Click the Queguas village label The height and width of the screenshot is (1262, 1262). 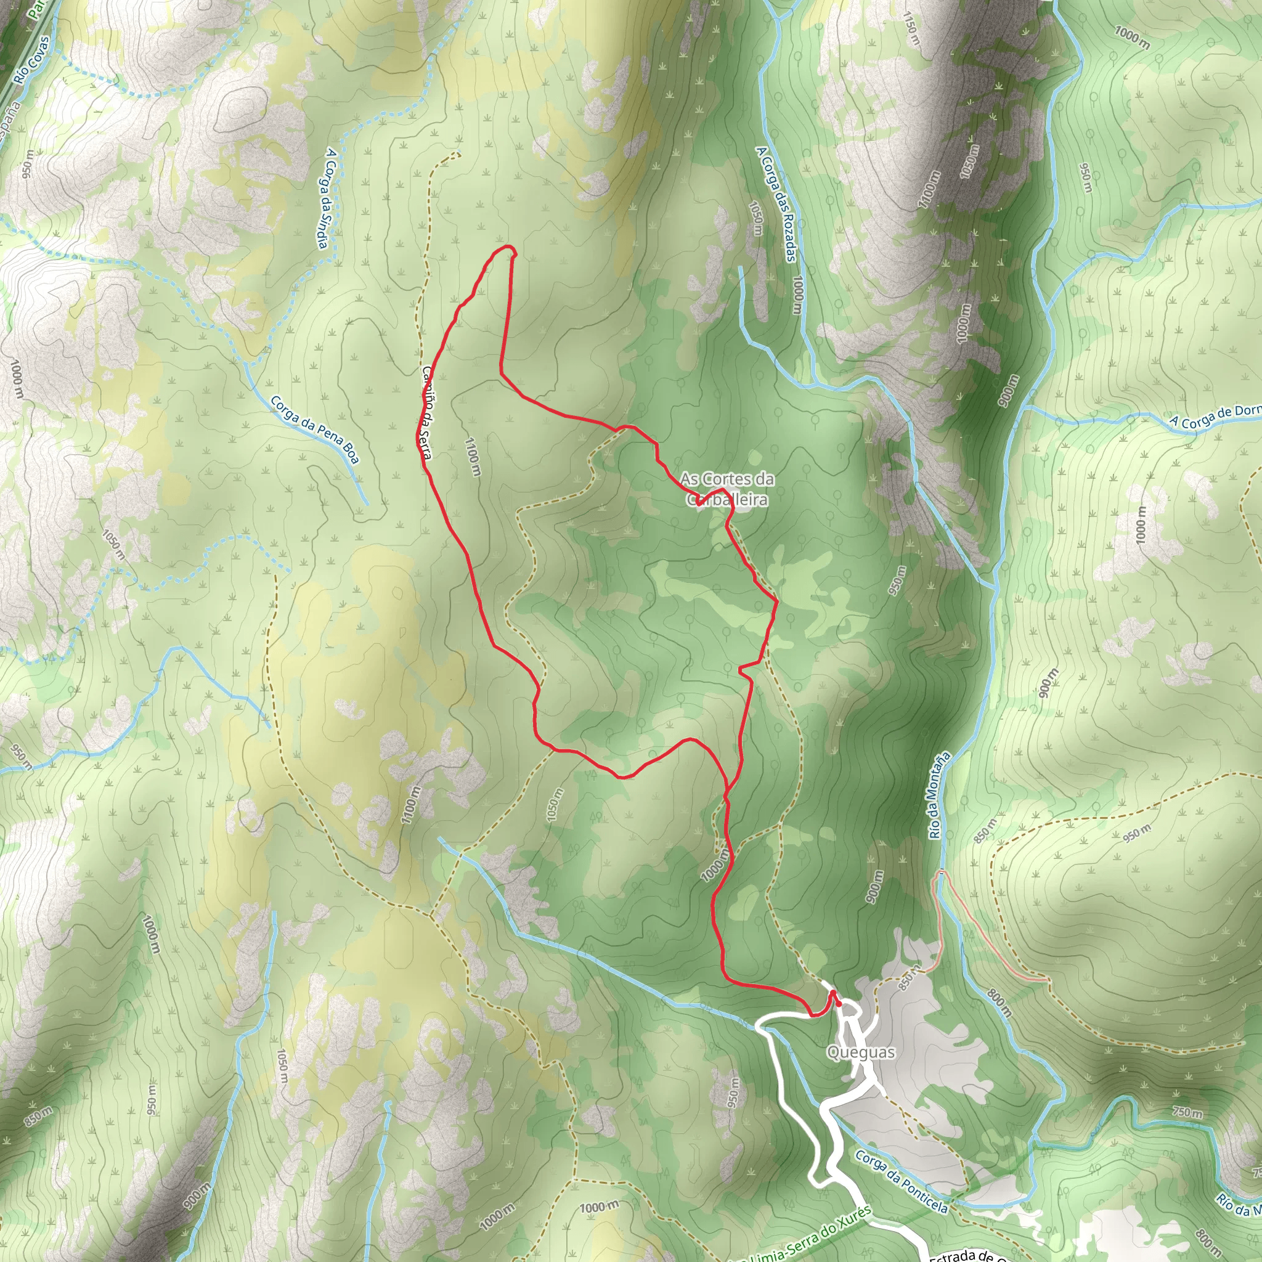860,1052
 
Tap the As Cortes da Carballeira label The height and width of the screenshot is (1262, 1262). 727,489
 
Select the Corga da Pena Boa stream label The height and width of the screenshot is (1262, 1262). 315,429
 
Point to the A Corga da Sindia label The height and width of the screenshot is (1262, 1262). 327,197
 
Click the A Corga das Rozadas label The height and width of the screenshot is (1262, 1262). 775,203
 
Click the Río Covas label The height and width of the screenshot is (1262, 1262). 32,60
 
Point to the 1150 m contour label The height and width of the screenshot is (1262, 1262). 911,28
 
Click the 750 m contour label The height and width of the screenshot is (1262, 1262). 1187,1111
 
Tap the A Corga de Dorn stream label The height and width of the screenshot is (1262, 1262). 1215,416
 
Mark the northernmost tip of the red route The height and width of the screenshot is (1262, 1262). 508,246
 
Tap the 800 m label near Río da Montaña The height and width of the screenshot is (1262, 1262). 999,1003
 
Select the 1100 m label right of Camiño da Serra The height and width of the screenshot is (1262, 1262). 473,457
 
